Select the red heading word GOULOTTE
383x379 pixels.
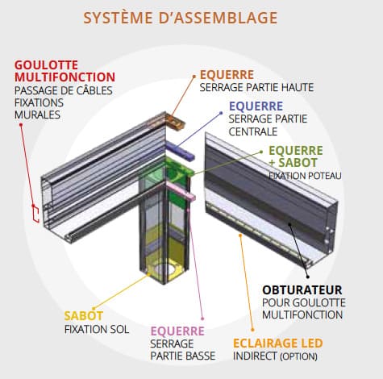pos(44,64)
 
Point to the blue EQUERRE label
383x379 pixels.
pos(256,106)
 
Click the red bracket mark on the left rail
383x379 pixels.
pos(34,213)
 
